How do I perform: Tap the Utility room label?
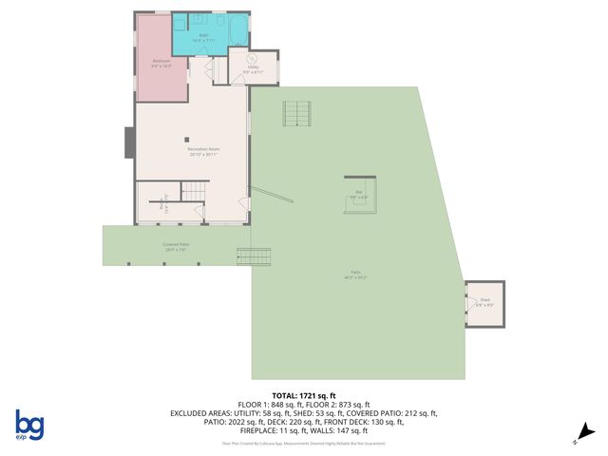pyautogui.click(x=254, y=68)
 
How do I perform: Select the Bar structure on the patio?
pyautogui.click(x=361, y=194)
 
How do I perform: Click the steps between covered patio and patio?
pyautogui.click(x=254, y=256)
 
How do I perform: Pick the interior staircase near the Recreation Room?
pyautogui.click(x=194, y=194)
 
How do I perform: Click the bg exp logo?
pyautogui.click(x=28, y=426)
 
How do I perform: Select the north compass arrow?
pyautogui.click(x=586, y=432)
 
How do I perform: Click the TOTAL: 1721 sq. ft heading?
pyautogui.click(x=304, y=395)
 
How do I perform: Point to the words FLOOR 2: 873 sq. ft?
pyautogui.click(x=356, y=405)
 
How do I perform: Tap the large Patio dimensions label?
pyautogui.click(x=355, y=276)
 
